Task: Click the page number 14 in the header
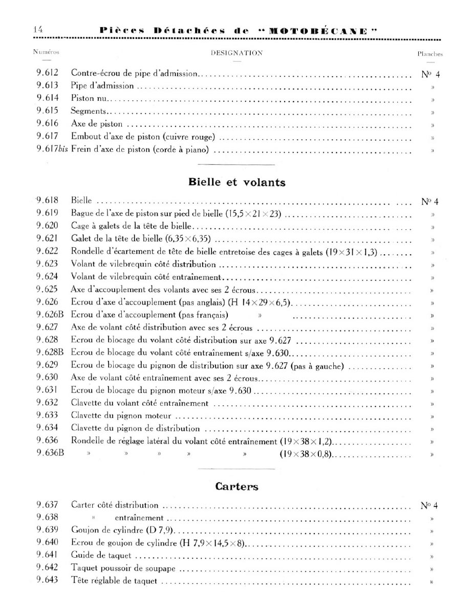click(37, 30)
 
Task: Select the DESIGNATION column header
click(236, 53)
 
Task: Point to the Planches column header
click(430, 53)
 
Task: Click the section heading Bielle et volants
click(236, 182)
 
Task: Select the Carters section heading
click(236, 487)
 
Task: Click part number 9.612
click(48, 73)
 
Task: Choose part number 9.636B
click(50, 453)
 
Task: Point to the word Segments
click(89, 111)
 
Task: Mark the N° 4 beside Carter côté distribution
click(430, 506)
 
